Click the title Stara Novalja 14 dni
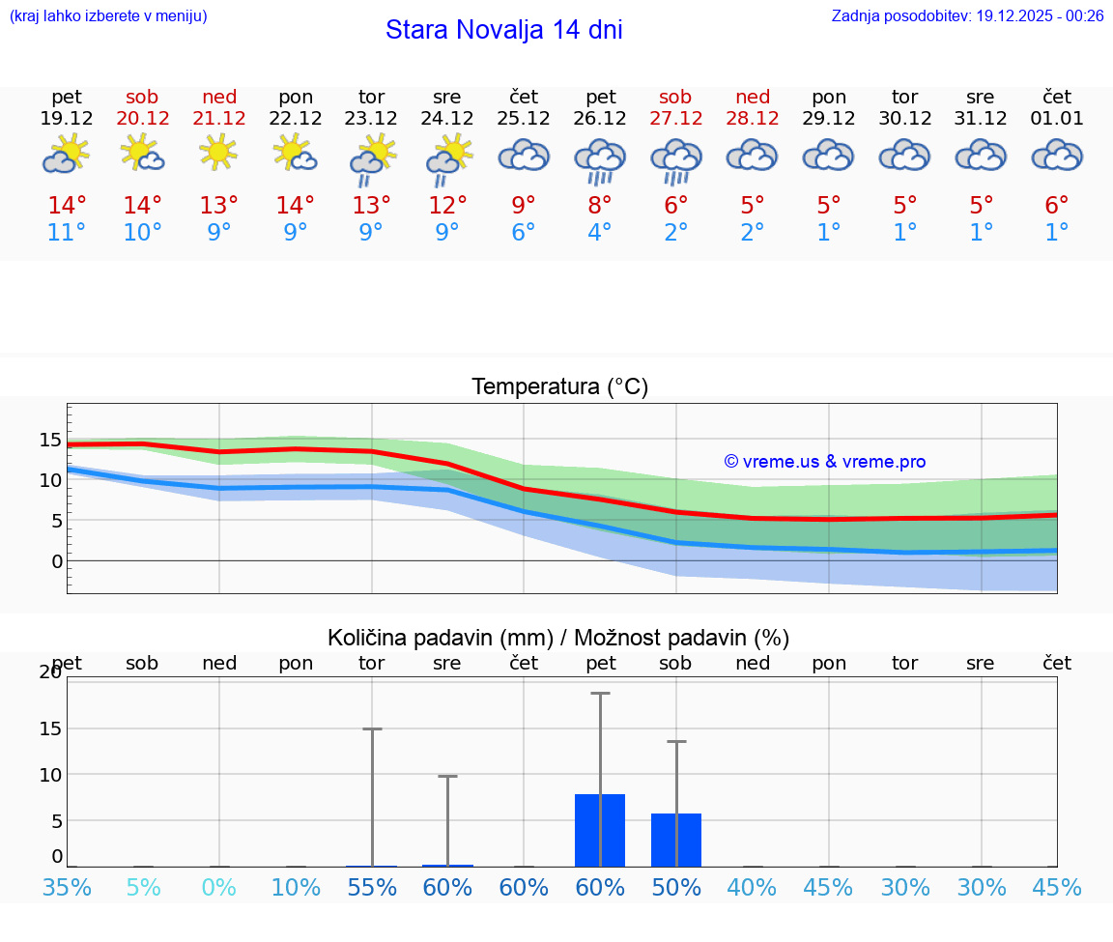(503, 30)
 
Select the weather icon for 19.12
(66, 155)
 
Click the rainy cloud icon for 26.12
(600, 158)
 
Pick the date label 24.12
(446, 119)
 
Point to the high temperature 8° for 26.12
(600, 205)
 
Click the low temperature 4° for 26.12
(600, 233)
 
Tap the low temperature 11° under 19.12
(66, 233)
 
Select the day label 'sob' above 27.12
(675, 97)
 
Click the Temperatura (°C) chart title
(559, 386)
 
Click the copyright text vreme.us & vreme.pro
(825, 462)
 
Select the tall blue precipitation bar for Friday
(600, 831)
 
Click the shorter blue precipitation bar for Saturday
(676, 841)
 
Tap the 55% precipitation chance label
(372, 888)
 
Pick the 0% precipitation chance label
(219, 888)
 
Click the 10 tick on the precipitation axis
(50, 775)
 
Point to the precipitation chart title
(558, 638)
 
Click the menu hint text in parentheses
(108, 15)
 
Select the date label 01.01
(1057, 119)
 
